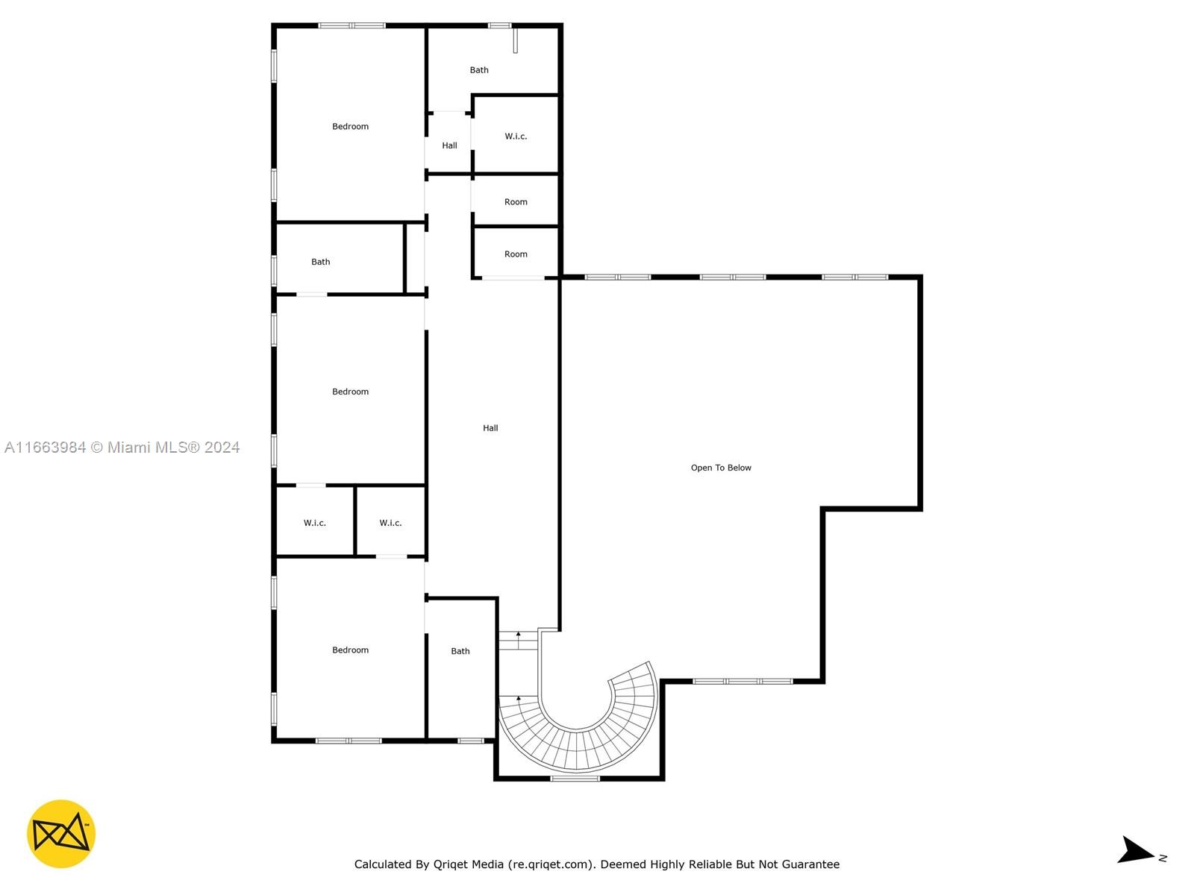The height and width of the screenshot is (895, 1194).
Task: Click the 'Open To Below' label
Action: [720, 468]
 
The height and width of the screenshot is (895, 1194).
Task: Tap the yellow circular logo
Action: [61, 834]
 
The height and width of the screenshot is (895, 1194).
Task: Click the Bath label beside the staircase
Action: [460, 651]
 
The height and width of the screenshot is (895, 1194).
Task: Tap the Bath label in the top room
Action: [478, 70]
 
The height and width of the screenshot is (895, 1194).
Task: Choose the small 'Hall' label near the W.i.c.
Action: [449, 145]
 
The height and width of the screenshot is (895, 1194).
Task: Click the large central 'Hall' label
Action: [490, 428]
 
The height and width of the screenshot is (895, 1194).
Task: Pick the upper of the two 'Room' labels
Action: [516, 202]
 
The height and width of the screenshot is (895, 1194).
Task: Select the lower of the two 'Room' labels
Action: [516, 254]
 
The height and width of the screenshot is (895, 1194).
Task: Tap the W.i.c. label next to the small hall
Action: [516, 136]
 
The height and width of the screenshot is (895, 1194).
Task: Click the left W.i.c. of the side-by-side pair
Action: [314, 524]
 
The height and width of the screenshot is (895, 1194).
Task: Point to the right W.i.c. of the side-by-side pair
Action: [390, 524]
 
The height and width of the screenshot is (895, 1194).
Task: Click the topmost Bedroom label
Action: [350, 127]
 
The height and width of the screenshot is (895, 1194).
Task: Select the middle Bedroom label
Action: [350, 392]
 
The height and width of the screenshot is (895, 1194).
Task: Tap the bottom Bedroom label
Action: [350, 650]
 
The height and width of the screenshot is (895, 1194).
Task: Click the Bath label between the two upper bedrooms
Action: [320, 262]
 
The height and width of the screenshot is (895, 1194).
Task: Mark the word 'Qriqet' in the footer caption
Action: [450, 864]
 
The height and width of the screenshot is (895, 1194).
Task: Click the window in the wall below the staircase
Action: [575, 779]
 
